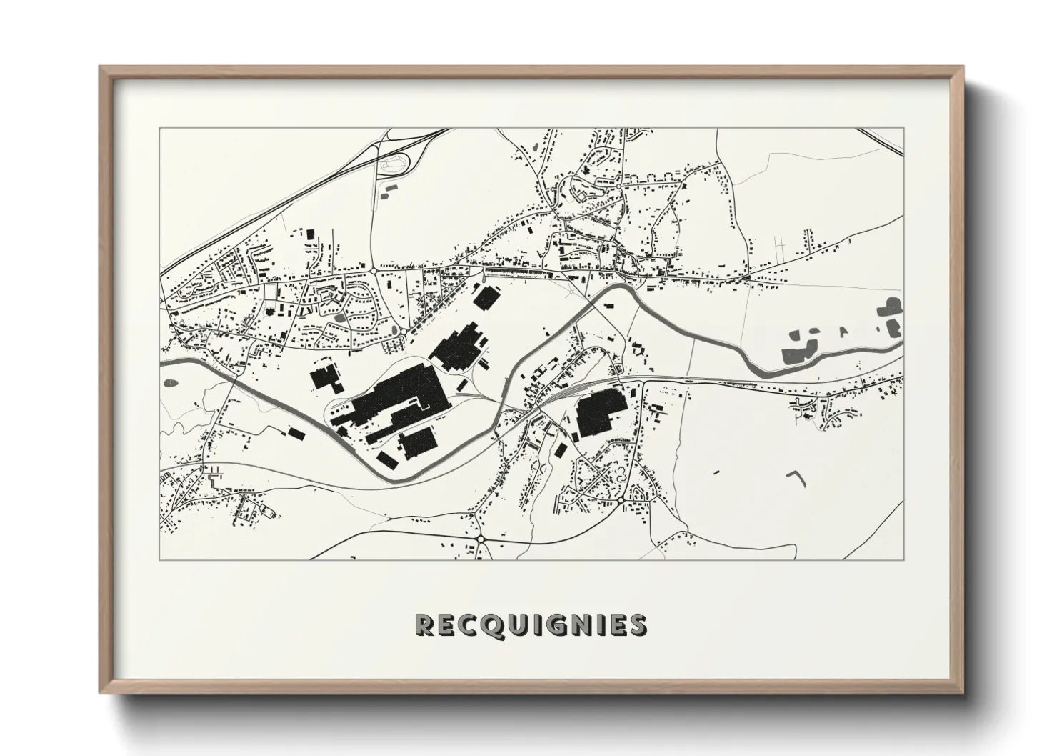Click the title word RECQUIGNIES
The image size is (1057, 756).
pos(531,625)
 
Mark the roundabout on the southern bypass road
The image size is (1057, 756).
pos(481,539)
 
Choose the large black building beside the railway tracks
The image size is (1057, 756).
pos(601,412)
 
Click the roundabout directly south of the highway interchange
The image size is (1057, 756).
pos(374,270)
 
